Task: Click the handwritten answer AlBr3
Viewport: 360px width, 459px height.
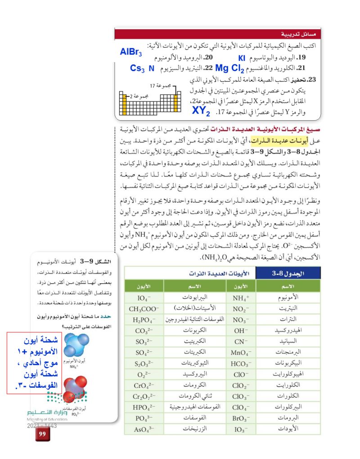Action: pos(131,52)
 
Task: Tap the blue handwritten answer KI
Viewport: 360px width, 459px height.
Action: pos(241,58)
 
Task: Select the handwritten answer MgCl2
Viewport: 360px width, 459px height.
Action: pos(229,69)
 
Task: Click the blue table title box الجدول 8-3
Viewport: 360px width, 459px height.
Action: pos(288,273)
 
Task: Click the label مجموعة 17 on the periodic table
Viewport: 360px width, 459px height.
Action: pos(159,85)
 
